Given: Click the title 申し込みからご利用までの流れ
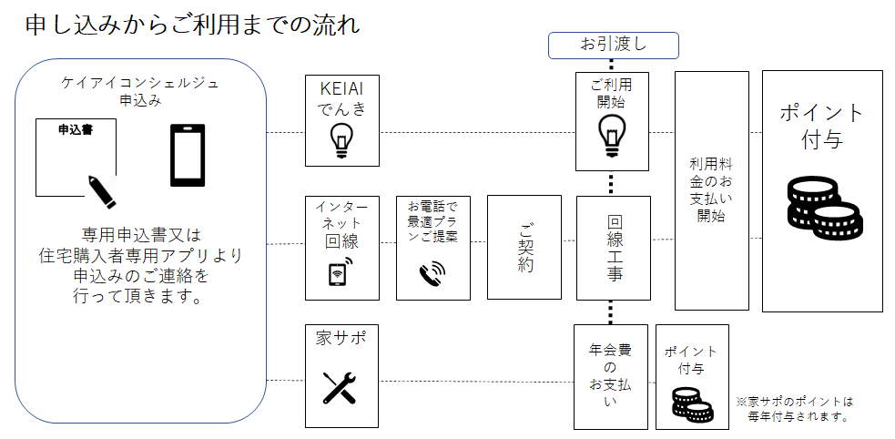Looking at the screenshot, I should [192, 24].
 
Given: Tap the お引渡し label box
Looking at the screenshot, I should [613, 44].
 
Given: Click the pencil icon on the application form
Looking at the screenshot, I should [101, 188].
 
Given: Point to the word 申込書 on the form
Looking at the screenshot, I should [74, 130].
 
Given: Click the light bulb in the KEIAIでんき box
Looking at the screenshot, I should [341, 139].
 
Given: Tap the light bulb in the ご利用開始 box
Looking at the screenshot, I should [612, 135].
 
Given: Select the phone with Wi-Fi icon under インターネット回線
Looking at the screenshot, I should [341, 273].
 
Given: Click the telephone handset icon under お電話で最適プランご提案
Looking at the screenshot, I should [432, 273].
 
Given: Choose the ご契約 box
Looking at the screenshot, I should [524, 247].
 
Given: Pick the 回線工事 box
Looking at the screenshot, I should [614, 248].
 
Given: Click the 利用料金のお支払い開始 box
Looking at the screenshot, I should [711, 190].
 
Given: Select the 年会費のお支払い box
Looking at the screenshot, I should [610, 375].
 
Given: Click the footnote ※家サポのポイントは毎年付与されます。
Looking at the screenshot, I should [796, 409].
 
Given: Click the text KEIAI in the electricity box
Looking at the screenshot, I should [341, 89].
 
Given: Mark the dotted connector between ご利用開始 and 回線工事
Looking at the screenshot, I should [612, 183].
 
